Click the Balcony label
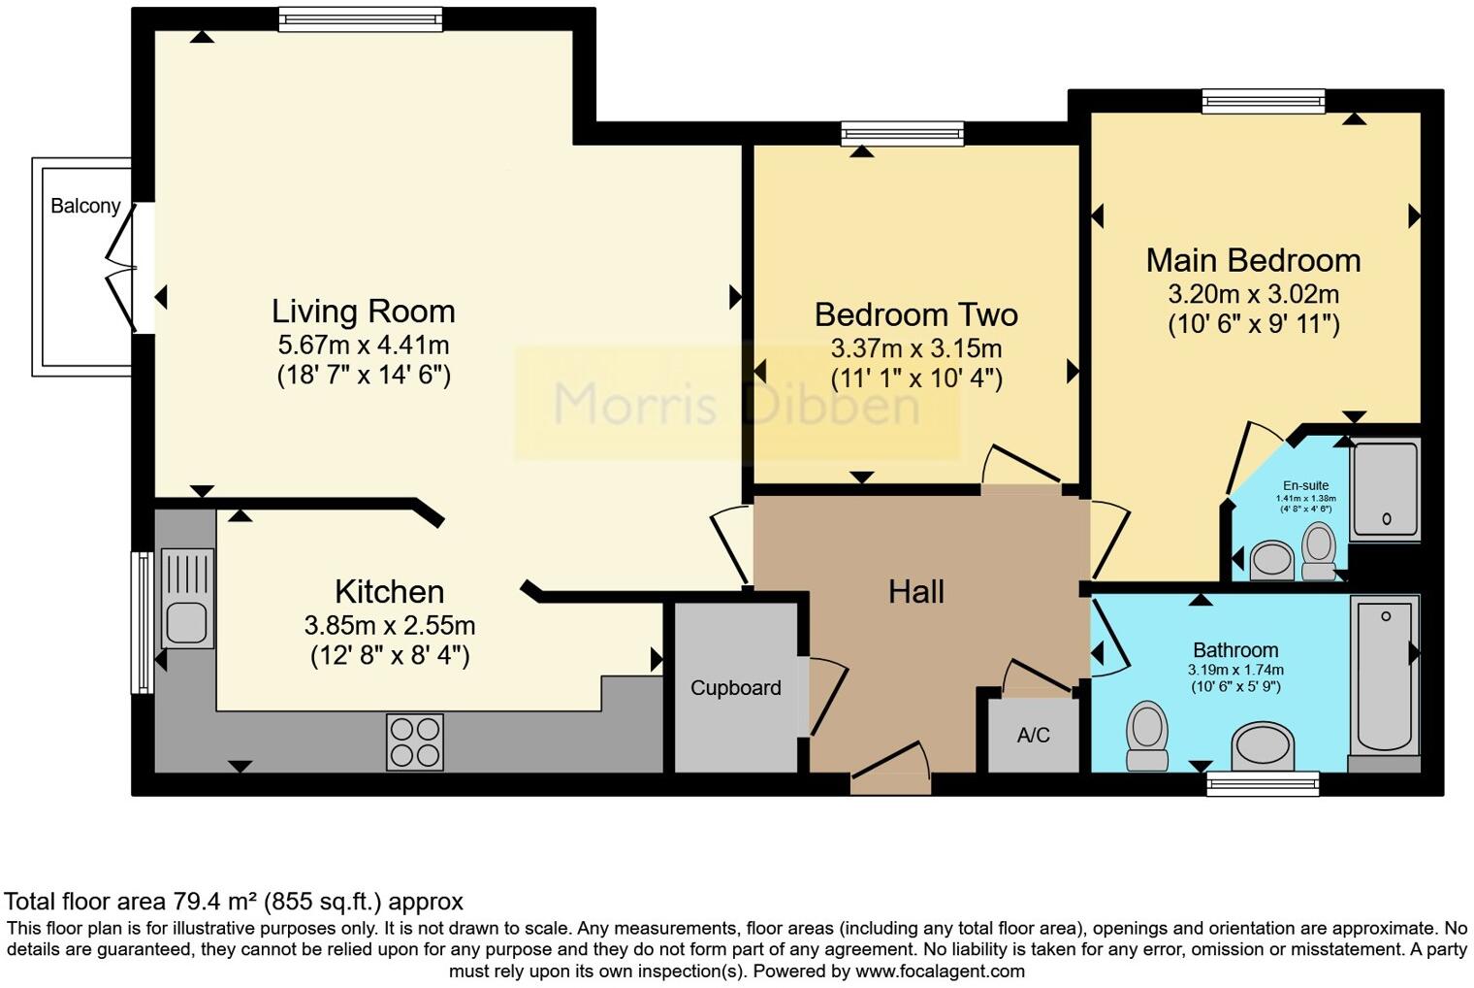(x=85, y=206)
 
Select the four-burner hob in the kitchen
(x=415, y=741)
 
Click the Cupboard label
(x=735, y=688)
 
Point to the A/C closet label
(x=1033, y=736)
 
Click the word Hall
(x=915, y=592)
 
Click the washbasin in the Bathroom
(x=1262, y=747)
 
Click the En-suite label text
(x=1305, y=485)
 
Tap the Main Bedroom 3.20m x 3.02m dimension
(x=1254, y=294)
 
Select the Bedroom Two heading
(x=915, y=314)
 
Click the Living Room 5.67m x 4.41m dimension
(x=363, y=345)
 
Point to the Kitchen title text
(x=389, y=591)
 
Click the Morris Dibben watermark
(x=736, y=404)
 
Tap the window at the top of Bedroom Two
(x=902, y=133)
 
